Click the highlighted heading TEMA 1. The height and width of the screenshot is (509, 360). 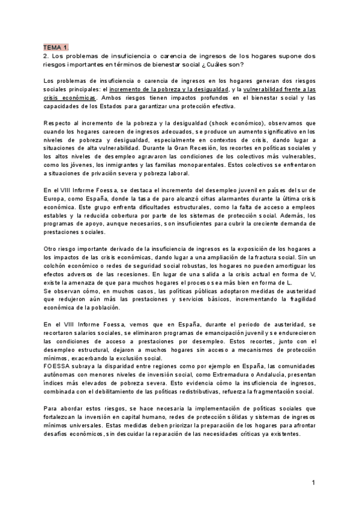[x=55, y=47]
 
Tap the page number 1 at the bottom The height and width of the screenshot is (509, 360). [x=313, y=483]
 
